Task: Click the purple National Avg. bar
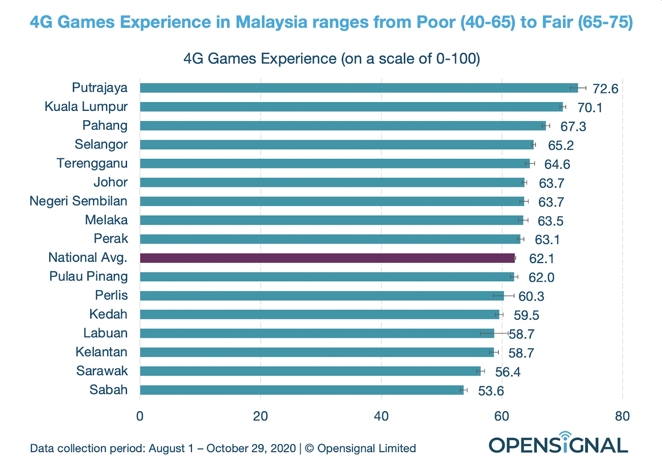[x=327, y=258]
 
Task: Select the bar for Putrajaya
[x=358, y=88]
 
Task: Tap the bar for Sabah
[x=301, y=390]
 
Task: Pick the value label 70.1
[x=590, y=108]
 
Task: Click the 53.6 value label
[x=491, y=391]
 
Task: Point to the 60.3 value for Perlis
[x=531, y=297]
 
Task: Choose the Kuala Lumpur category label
[x=86, y=107]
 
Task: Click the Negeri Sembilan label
[x=79, y=201]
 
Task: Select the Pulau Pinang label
[x=89, y=276]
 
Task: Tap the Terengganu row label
[x=92, y=163]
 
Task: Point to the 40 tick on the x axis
[x=381, y=416]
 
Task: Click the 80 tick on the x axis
[x=622, y=416]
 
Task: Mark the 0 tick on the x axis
[x=140, y=416]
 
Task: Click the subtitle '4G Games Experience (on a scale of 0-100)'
[x=331, y=59]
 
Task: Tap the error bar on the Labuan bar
[x=494, y=333]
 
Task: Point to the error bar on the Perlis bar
[x=504, y=295]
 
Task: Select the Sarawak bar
[x=310, y=371]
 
